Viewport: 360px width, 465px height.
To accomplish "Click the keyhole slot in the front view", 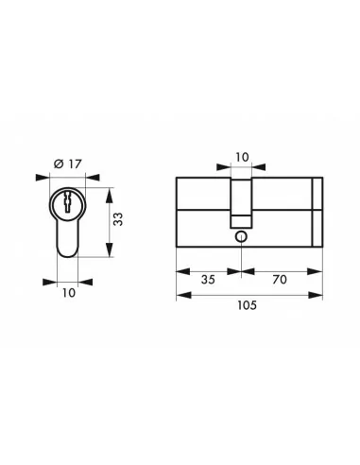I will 68,203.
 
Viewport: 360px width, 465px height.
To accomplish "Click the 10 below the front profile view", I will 68,294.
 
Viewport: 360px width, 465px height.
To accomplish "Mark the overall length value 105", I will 248,305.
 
